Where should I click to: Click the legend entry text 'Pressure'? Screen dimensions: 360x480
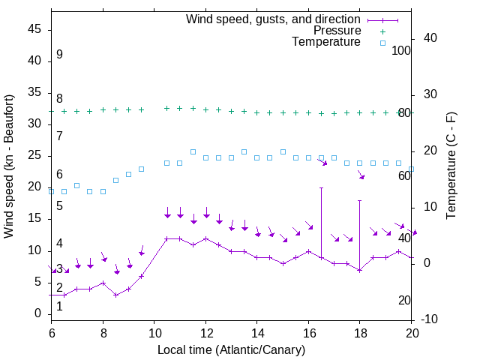(x=337, y=31)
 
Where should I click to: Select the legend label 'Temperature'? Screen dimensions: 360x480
(x=326, y=42)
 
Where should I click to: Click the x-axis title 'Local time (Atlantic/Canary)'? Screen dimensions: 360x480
(x=232, y=350)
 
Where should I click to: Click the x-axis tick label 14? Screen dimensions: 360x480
(x=257, y=333)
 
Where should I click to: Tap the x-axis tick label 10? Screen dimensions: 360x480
(x=154, y=333)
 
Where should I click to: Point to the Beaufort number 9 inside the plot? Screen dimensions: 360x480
(x=59, y=55)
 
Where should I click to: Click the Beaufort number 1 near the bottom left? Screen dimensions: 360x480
(x=59, y=306)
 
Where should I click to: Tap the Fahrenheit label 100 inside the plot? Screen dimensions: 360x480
(x=402, y=50)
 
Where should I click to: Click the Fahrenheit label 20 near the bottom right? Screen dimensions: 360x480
(x=405, y=300)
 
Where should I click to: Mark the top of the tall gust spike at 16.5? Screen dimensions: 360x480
(x=321, y=187)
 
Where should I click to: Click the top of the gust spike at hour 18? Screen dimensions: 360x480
(x=360, y=200)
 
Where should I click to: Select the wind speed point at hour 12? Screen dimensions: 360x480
(x=205, y=238)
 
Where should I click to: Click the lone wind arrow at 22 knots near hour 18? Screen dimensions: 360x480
(x=361, y=175)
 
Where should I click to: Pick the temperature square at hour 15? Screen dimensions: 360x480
(x=283, y=151)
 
